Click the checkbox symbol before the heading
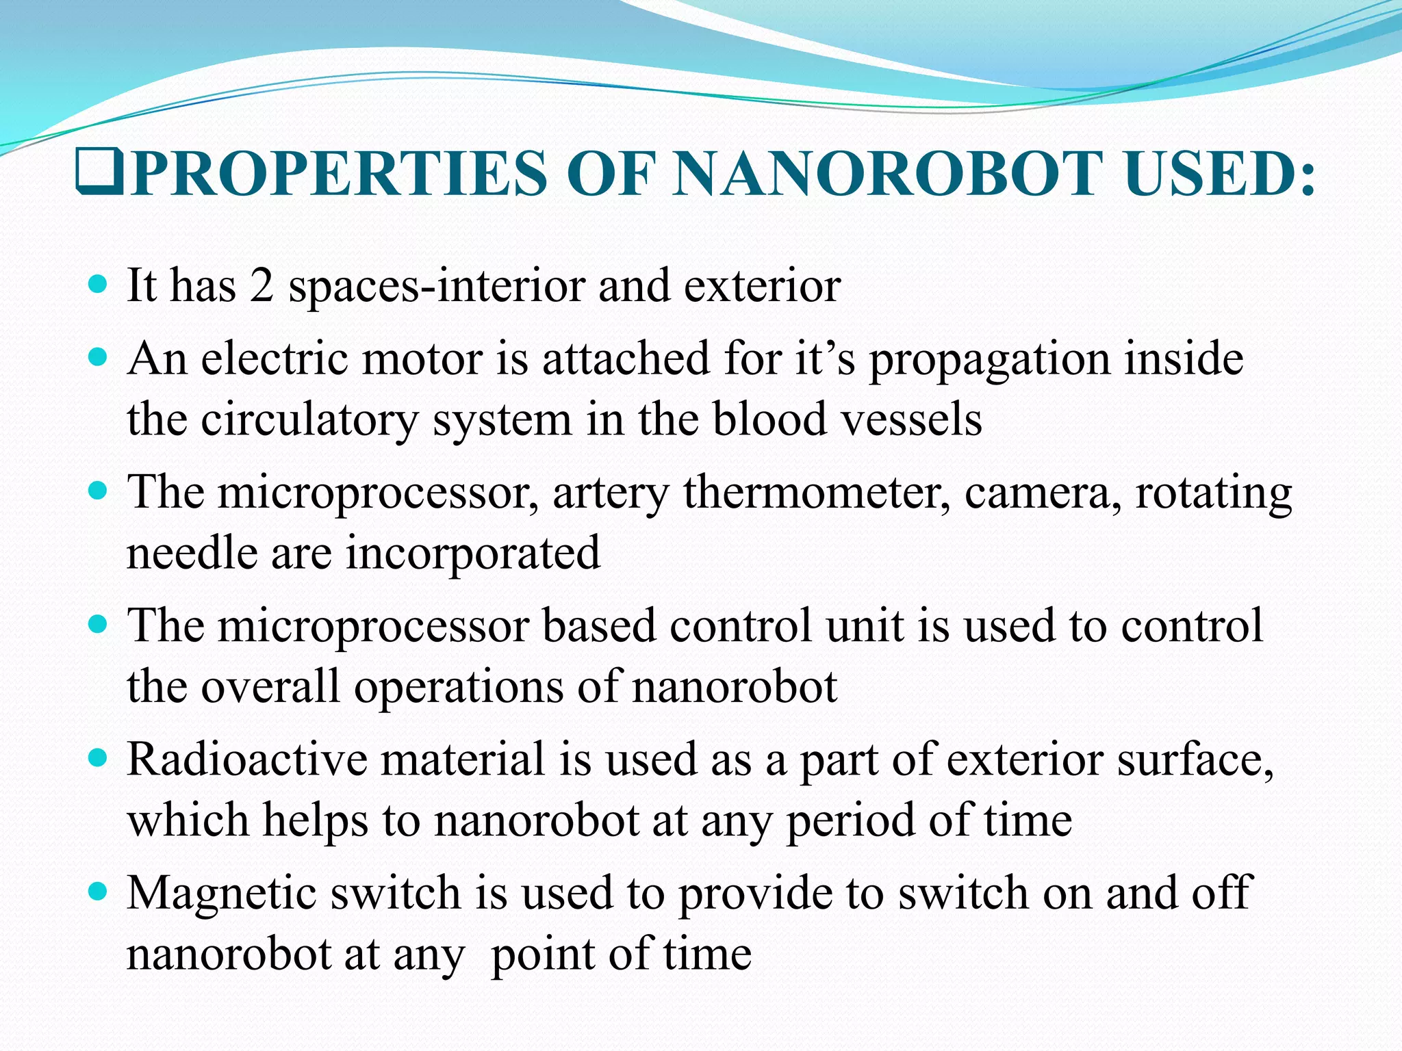pos(100,174)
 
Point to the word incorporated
pos(472,554)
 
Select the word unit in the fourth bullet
pos(865,625)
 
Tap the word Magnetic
pos(226,892)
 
